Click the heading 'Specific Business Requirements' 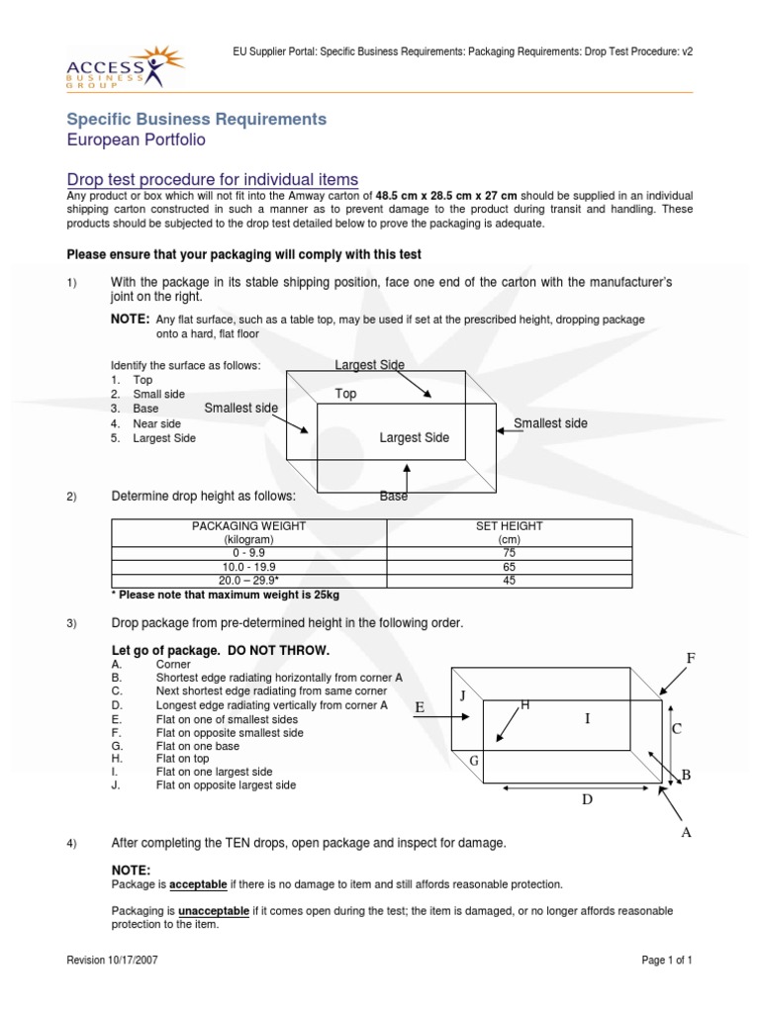tap(196, 119)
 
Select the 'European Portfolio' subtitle tap(136, 140)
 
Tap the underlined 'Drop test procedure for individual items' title tap(212, 179)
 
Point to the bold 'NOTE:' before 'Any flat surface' tap(130, 320)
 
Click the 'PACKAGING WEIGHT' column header tap(248, 526)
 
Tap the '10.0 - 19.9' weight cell tap(248, 567)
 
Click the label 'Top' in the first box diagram tap(345, 394)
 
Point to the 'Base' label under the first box tap(394, 497)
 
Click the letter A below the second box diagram tap(684, 833)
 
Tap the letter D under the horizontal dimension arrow tap(586, 799)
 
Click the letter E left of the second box tap(420, 707)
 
